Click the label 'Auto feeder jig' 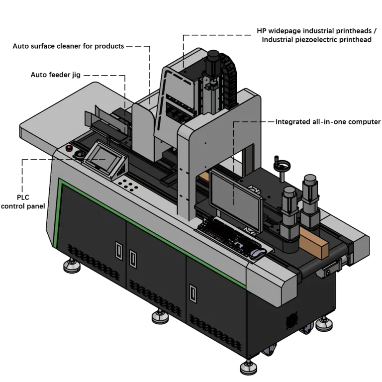(56, 75)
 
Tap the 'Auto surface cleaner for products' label (68, 46)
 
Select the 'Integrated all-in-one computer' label (328, 122)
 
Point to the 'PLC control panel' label (23, 202)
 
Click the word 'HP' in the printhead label (262, 31)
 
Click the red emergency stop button (69, 148)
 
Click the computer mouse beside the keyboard (258, 253)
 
